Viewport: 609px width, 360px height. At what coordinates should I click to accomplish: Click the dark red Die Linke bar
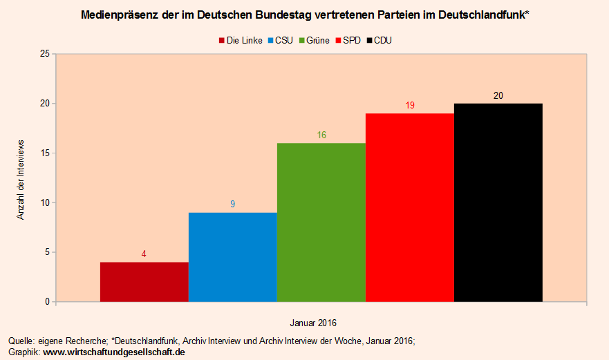(x=144, y=282)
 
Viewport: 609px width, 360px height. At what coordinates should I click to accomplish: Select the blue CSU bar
(x=232, y=257)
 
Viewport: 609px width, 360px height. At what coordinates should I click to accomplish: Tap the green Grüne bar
(x=321, y=222)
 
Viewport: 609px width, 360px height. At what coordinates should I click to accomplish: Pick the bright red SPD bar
(x=409, y=207)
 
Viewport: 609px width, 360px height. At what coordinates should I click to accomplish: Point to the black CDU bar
(x=498, y=202)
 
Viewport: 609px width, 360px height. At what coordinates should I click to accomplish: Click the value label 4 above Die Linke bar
(x=144, y=254)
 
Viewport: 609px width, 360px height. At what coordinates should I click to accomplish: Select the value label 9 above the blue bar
(x=232, y=204)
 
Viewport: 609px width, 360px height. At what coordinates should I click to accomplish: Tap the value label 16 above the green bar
(x=321, y=135)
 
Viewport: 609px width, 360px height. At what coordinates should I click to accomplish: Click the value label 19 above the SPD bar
(x=410, y=105)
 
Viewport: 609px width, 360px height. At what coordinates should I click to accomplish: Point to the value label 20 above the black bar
(x=498, y=95)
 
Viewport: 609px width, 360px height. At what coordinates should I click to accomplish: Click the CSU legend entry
(x=283, y=40)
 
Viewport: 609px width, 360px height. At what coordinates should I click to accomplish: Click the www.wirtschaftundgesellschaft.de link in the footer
(x=114, y=352)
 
